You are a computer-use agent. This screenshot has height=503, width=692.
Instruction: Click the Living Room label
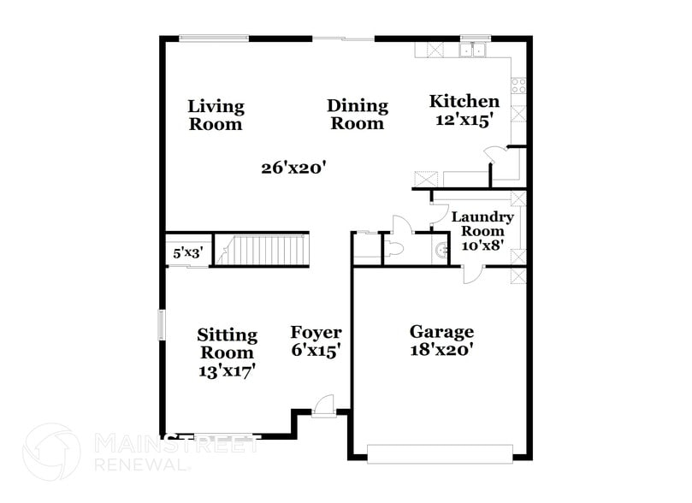[x=216, y=115]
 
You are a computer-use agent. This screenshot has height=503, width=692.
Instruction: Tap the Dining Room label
[x=358, y=114]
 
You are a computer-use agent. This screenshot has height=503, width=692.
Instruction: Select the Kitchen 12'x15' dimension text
[x=464, y=121]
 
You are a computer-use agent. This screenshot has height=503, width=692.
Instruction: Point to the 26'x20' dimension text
[x=295, y=168]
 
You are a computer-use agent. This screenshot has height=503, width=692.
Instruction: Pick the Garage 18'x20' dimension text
[x=441, y=349]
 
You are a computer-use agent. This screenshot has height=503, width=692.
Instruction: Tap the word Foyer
[x=316, y=332]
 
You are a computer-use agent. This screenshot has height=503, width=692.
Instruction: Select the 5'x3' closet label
[x=186, y=252]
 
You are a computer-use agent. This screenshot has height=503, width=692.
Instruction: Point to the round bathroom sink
[x=441, y=251]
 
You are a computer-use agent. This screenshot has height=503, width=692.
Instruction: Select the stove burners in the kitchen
[x=518, y=86]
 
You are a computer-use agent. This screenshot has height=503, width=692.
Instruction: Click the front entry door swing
[x=322, y=405]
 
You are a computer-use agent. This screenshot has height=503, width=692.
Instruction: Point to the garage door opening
[x=440, y=453]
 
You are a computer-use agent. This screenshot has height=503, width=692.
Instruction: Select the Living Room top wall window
[x=214, y=37]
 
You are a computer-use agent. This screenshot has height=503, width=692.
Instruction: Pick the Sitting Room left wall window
[x=161, y=327]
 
